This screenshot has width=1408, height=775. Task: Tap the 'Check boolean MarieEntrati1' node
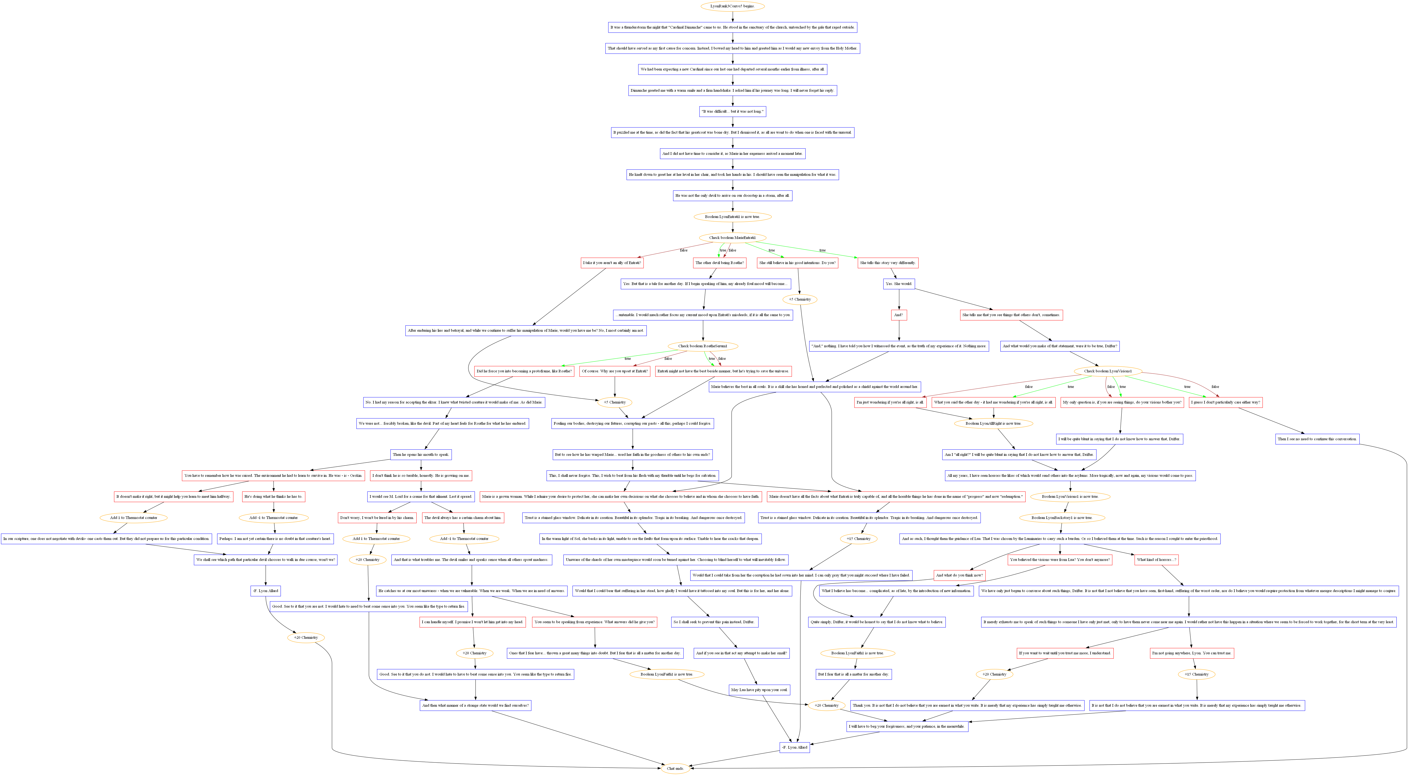point(732,238)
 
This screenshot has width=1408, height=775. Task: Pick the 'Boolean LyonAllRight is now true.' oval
point(993,424)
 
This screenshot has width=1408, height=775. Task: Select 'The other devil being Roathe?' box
point(720,263)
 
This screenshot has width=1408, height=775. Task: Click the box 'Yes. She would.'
point(899,284)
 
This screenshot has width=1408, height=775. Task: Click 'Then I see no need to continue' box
point(1317,439)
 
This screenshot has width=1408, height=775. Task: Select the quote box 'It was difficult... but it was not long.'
point(732,112)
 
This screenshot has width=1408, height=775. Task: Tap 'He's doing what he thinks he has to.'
point(273,497)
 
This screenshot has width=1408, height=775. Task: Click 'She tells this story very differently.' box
point(888,263)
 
